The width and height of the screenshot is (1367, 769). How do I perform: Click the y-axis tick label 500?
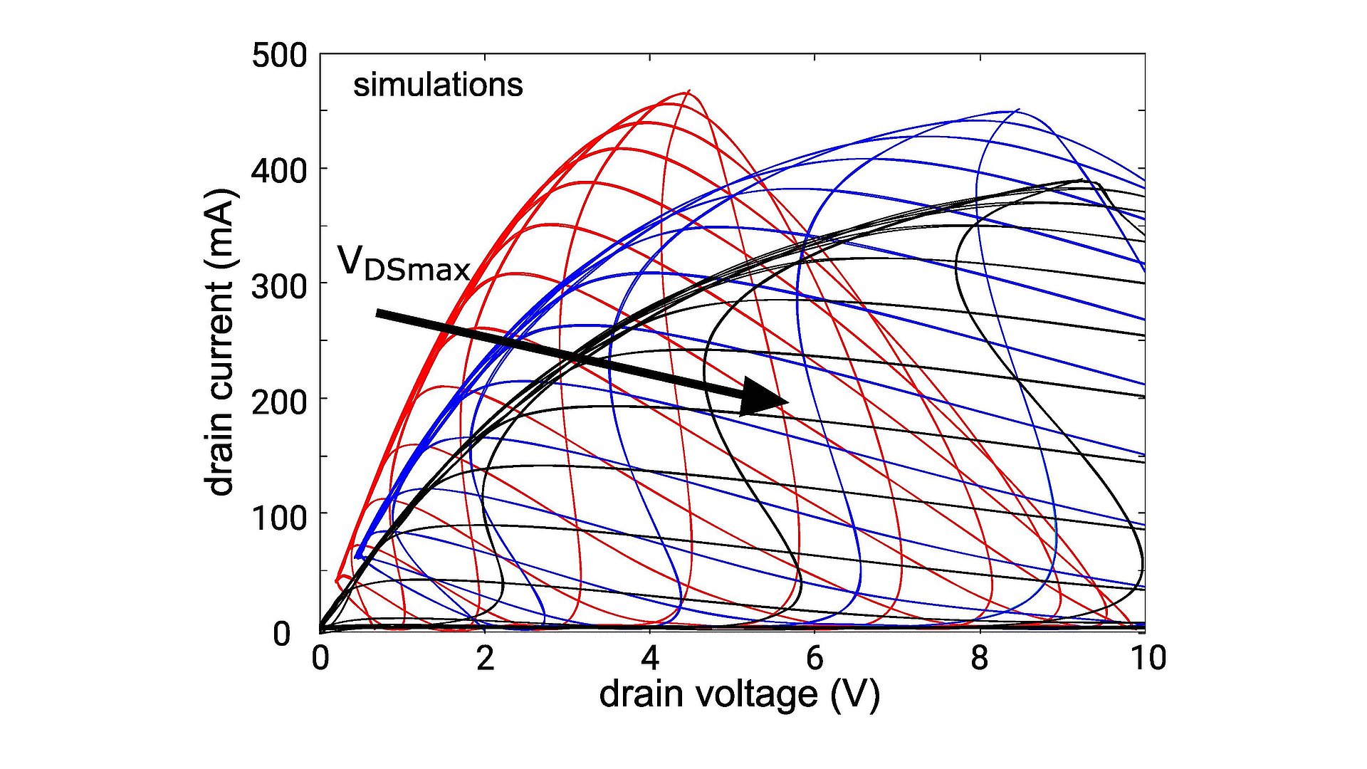(279, 56)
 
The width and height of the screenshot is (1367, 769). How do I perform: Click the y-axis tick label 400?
(279, 171)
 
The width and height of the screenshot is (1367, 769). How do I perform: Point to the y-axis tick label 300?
(279, 286)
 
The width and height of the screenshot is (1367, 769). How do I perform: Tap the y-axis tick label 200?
(279, 402)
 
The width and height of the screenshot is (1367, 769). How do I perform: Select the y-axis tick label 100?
(279, 517)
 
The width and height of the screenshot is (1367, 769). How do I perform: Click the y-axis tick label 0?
(282, 633)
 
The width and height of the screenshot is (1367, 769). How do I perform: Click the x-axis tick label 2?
(485, 658)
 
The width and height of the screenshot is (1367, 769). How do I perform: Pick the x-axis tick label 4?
(650, 658)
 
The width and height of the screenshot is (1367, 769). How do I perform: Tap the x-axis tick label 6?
(815, 658)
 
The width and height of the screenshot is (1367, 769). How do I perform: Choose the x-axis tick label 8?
(980, 658)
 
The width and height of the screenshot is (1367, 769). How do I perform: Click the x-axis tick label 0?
(320, 658)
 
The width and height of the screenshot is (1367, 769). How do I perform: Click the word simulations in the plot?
(438, 85)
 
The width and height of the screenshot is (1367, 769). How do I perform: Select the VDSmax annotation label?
(404, 263)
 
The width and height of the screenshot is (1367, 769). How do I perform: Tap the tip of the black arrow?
(787, 402)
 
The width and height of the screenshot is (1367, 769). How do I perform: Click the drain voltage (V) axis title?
(739, 694)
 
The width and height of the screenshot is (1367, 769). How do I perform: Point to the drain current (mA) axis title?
(219, 342)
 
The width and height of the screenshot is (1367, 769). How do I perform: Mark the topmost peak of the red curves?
(688, 92)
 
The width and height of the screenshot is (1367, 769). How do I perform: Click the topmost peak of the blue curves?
(1018, 110)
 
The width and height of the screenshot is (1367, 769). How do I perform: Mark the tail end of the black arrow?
(377, 313)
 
